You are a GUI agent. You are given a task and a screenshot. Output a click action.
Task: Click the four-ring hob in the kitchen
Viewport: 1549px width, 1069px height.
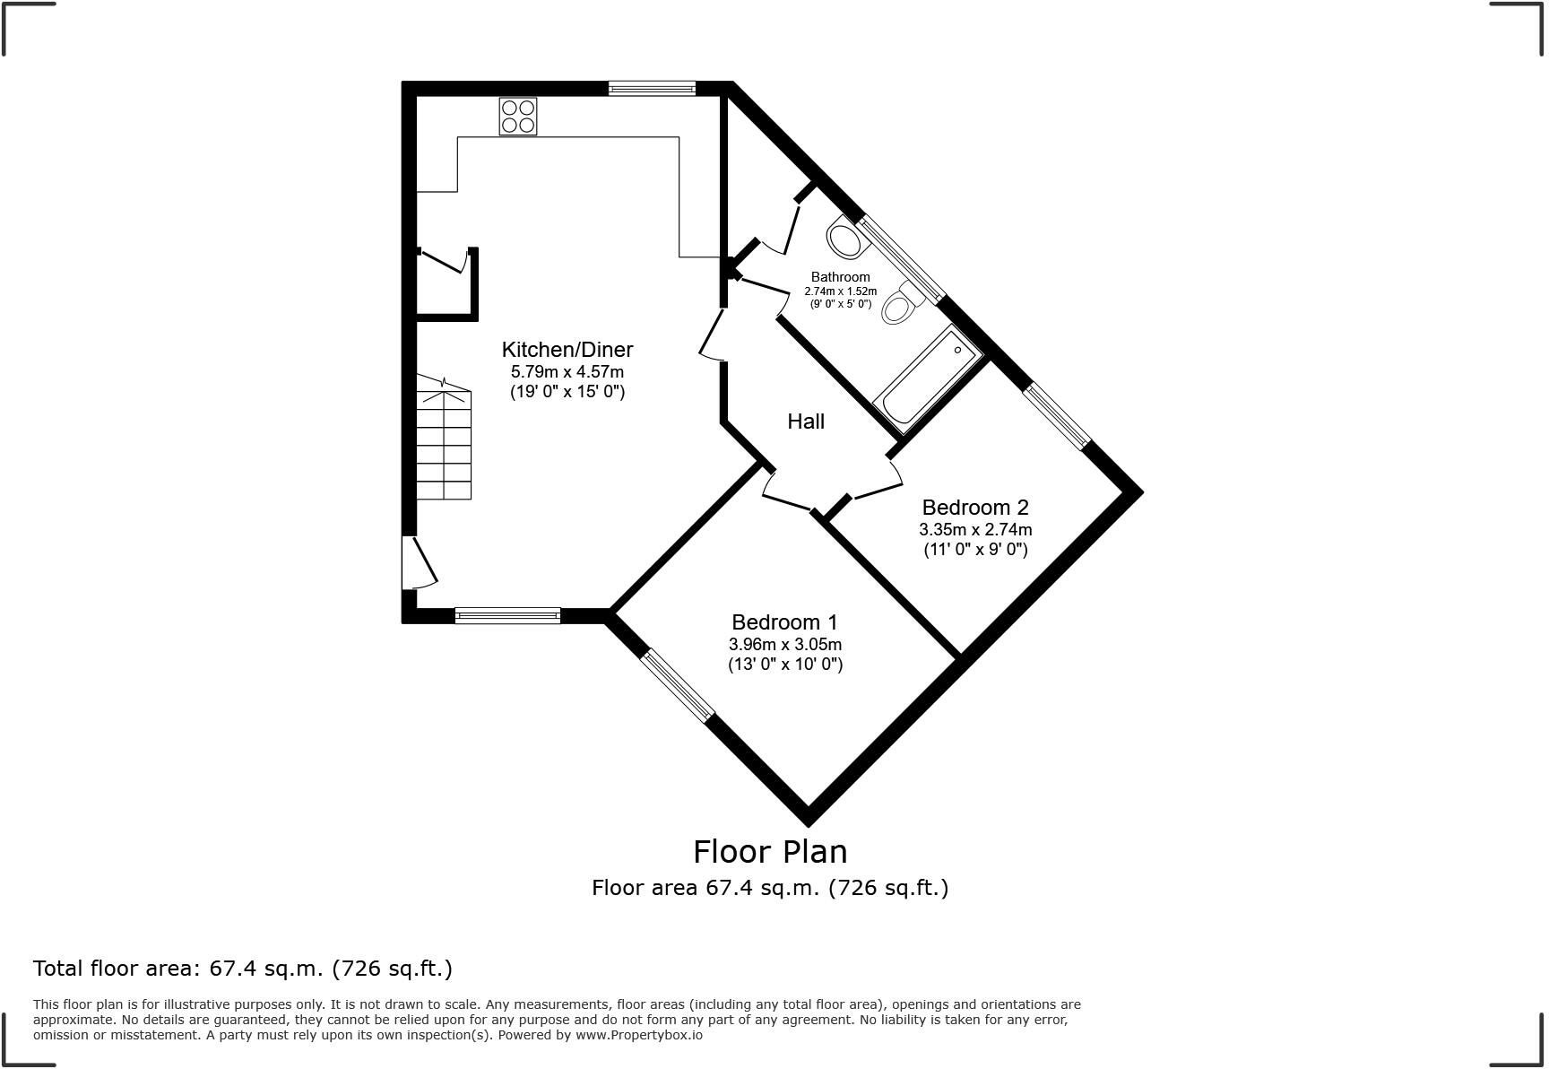518,117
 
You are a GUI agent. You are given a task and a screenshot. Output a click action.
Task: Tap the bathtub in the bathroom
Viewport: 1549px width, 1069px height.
928,380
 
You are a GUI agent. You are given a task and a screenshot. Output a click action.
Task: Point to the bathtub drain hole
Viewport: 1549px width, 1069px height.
957,350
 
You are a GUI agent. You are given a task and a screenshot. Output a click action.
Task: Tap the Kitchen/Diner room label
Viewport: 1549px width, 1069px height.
567,350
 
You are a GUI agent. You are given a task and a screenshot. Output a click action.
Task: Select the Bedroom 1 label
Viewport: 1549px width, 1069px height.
784,622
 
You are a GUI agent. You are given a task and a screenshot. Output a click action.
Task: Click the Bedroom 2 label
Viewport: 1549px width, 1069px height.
975,508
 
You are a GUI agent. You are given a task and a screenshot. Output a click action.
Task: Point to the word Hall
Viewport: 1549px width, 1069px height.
806,422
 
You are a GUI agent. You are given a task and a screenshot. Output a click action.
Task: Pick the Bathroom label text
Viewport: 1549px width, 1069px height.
841,277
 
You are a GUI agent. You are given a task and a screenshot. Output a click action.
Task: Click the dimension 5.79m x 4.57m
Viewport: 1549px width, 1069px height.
567,371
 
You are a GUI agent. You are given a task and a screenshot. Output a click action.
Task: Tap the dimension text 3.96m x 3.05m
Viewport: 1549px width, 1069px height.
785,645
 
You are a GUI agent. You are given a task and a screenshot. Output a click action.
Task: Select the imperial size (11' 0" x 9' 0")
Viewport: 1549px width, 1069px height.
976,549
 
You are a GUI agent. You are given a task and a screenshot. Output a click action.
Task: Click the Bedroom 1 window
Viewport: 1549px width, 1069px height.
678,685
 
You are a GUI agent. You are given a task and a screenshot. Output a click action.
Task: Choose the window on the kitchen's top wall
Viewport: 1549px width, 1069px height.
652,88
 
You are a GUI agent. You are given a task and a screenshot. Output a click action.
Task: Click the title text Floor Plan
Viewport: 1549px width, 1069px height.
770,851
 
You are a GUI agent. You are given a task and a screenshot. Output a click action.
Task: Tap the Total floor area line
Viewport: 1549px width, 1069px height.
243,969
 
